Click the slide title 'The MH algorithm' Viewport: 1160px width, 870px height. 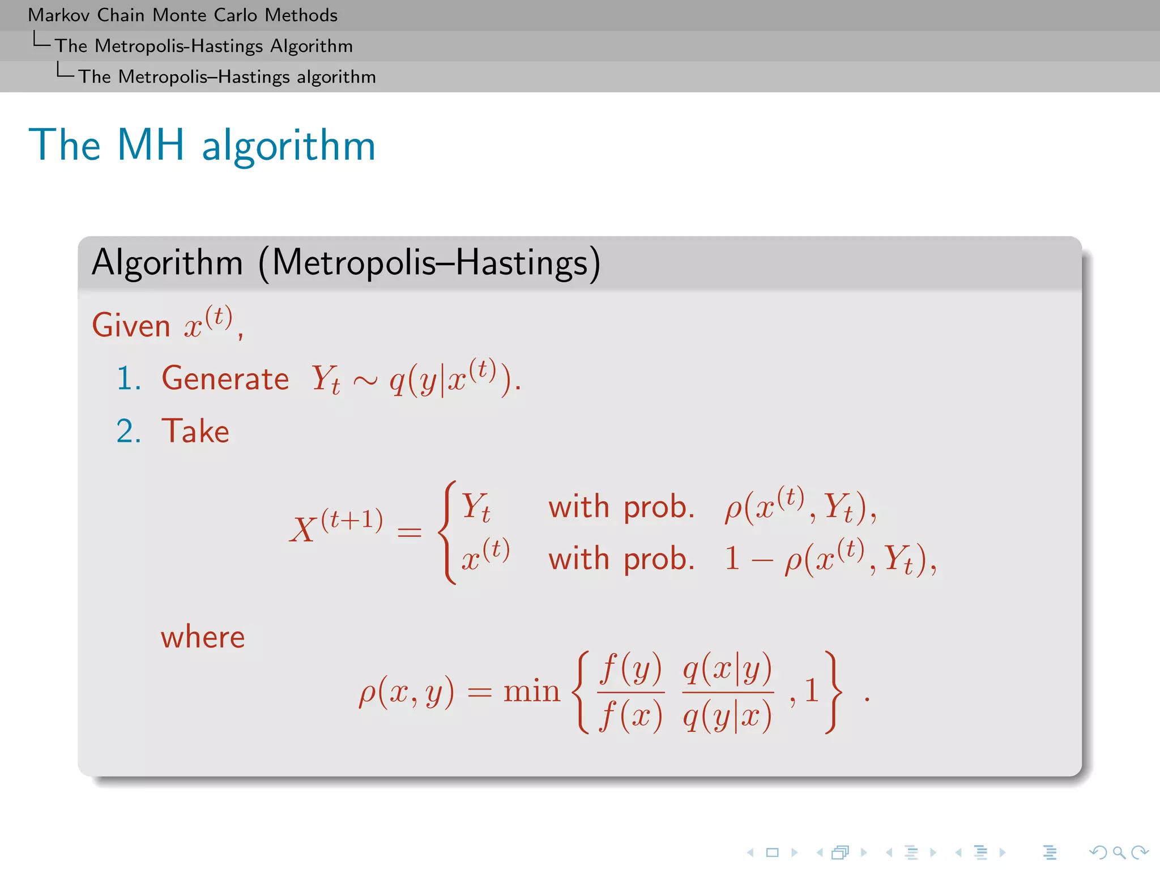click(x=202, y=145)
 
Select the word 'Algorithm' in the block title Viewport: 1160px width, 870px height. click(x=167, y=263)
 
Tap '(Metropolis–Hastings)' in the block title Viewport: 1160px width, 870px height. click(x=429, y=263)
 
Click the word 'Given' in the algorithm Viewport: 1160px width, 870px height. click(x=131, y=326)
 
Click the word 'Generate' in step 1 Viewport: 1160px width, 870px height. click(x=225, y=378)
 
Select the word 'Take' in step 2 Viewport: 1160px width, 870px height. click(x=195, y=431)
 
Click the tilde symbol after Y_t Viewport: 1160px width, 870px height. click(x=365, y=381)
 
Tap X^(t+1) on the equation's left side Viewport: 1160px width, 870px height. click(x=336, y=527)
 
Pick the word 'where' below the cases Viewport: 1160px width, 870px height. click(x=203, y=637)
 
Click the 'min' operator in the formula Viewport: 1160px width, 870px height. click(x=531, y=692)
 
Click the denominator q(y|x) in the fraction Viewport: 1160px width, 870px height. click(x=727, y=716)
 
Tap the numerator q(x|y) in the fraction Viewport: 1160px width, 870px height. click(x=727, y=669)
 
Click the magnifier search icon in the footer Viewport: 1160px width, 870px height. click(x=1119, y=852)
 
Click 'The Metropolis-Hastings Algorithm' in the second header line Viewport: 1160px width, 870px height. click(x=204, y=46)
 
